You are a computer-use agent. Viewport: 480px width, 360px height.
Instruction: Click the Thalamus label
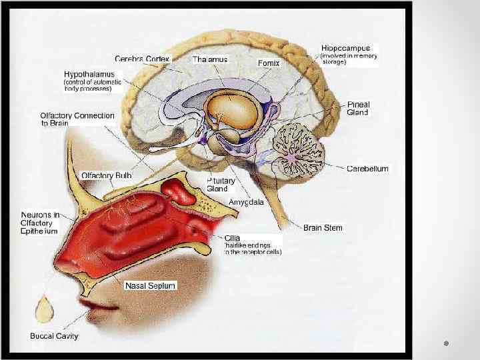tap(210, 59)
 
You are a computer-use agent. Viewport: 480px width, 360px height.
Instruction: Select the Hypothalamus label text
tap(89, 74)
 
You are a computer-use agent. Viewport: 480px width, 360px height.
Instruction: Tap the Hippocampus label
tap(345, 49)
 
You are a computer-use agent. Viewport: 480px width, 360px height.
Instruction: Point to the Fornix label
tap(269, 63)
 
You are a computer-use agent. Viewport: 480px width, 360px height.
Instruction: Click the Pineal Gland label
tap(358, 109)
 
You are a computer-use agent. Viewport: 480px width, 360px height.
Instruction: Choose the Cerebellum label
tap(367, 169)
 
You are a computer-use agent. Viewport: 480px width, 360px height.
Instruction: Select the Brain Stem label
tap(323, 228)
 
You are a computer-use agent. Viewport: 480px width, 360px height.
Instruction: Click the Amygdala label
tap(246, 201)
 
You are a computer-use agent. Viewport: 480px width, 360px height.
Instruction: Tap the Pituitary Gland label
tap(217, 185)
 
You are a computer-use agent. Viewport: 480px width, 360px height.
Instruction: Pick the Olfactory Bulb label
tap(106, 175)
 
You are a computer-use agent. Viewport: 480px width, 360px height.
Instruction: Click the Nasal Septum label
tap(150, 285)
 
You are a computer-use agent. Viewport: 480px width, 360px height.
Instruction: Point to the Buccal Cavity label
tap(54, 336)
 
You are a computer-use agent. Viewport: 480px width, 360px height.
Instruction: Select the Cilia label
tap(233, 237)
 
